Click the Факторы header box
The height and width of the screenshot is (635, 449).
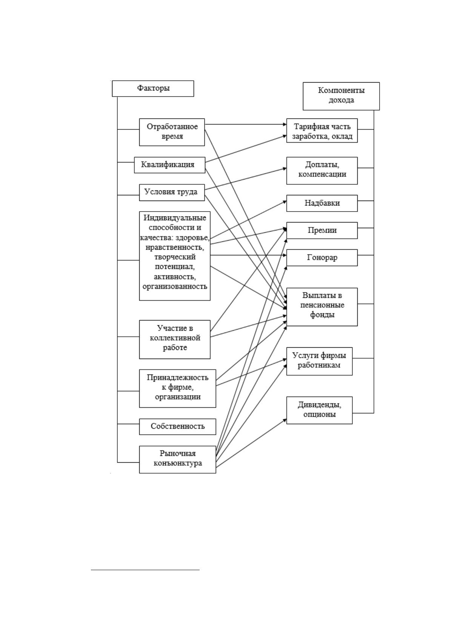pos(153,89)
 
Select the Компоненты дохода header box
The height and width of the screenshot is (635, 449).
pos(341,96)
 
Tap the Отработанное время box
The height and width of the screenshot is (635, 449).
pos(172,132)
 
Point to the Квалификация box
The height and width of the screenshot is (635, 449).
pos(170,165)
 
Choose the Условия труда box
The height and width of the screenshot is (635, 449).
pos(172,192)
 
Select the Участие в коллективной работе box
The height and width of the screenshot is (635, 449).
pos(175,339)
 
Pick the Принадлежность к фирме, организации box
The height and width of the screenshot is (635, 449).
pos(178,388)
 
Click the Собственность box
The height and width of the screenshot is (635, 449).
pos(178,426)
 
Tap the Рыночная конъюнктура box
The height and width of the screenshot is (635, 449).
pos(178,459)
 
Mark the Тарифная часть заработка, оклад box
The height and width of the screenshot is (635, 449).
pos(322,130)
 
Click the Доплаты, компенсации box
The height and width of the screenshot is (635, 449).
pos(322,171)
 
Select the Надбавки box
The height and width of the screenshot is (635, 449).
pos(322,203)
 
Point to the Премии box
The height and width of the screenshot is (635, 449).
pos(322,230)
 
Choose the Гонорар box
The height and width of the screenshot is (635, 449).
pos(322,258)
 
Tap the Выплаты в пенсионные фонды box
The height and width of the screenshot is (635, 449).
pos(322,307)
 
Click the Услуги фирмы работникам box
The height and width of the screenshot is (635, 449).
pos(319,361)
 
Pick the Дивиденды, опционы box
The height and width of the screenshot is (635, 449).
pos(319,410)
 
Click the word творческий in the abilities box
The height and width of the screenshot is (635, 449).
pos(175,257)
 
